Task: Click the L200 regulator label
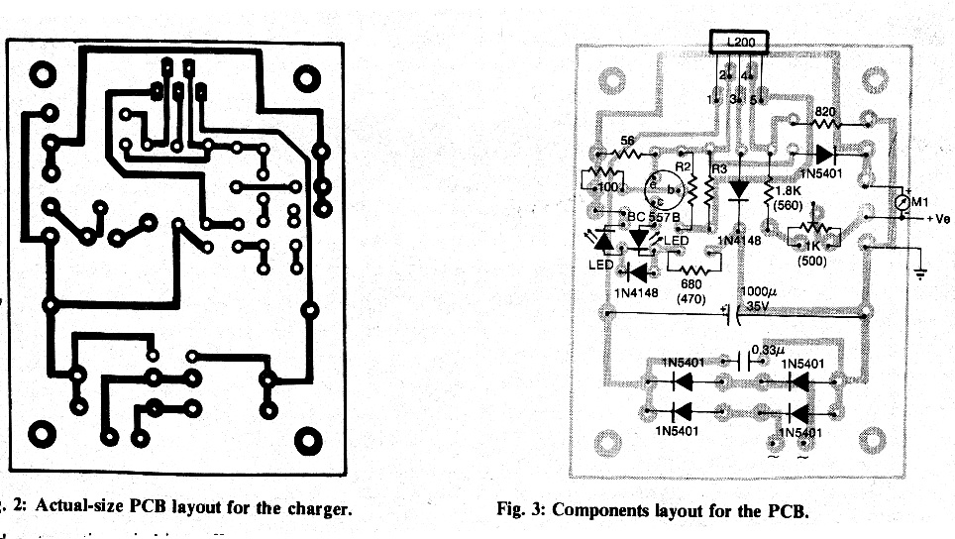click(739, 43)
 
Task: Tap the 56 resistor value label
click(626, 142)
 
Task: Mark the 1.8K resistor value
click(789, 190)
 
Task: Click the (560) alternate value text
click(790, 205)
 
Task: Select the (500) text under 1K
click(811, 262)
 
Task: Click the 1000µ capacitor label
click(760, 292)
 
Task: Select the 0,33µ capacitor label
click(766, 350)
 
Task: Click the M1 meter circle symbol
click(901, 204)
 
